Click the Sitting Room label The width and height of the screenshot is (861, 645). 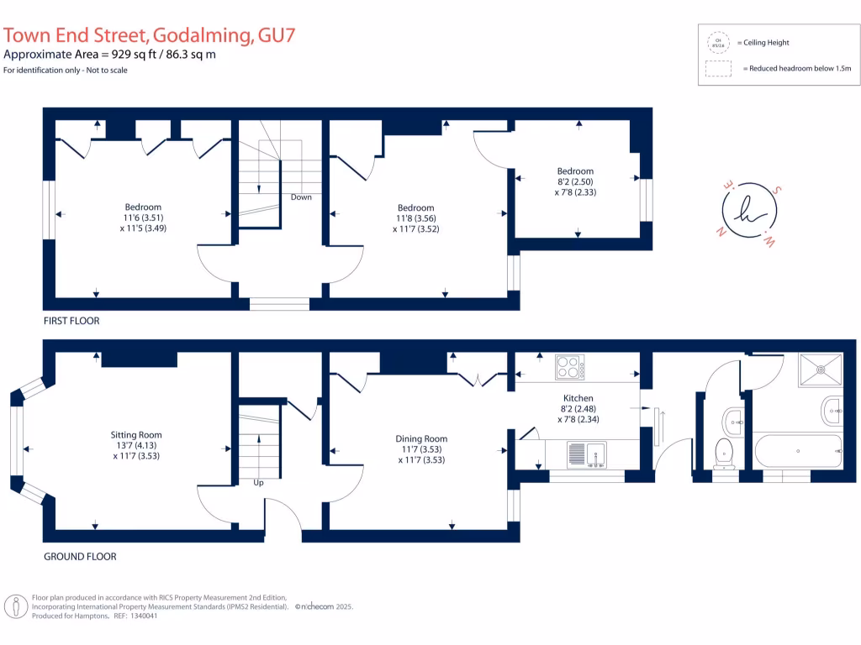tap(135, 435)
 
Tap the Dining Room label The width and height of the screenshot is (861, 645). tap(421, 438)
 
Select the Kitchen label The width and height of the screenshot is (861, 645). tap(578, 398)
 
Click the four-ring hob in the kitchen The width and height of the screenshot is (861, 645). tap(569, 368)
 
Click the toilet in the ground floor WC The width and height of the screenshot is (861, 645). tap(724, 452)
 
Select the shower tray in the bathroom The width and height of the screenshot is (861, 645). tap(819, 367)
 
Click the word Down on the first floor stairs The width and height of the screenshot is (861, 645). tap(301, 197)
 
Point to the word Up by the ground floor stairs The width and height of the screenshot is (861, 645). tap(259, 484)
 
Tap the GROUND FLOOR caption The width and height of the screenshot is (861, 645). tap(80, 556)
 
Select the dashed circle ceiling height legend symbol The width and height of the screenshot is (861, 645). tap(718, 42)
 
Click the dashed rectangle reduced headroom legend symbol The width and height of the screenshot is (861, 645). tap(718, 69)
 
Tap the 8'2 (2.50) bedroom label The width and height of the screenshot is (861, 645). tap(574, 181)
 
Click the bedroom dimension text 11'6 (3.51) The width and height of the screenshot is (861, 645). tap(143, 218)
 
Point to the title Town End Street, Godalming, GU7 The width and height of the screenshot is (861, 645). tap(150, 35)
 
